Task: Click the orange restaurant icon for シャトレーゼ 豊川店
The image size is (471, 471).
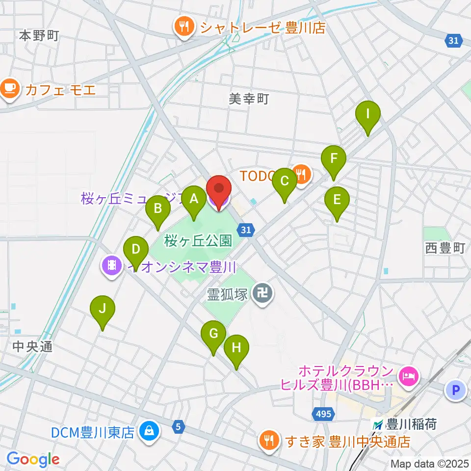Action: (184, 27)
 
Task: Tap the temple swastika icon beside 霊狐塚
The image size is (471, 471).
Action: (262, 294)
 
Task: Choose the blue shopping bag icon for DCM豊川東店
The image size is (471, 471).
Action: (147, 432)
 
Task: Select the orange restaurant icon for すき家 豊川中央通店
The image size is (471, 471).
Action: (268, 441)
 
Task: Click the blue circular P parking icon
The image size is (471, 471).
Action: (455, 391)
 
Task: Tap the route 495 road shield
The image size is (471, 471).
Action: (323, 415)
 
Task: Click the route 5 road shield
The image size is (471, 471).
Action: (179, 427)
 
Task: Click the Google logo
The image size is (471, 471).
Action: (33, 459)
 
